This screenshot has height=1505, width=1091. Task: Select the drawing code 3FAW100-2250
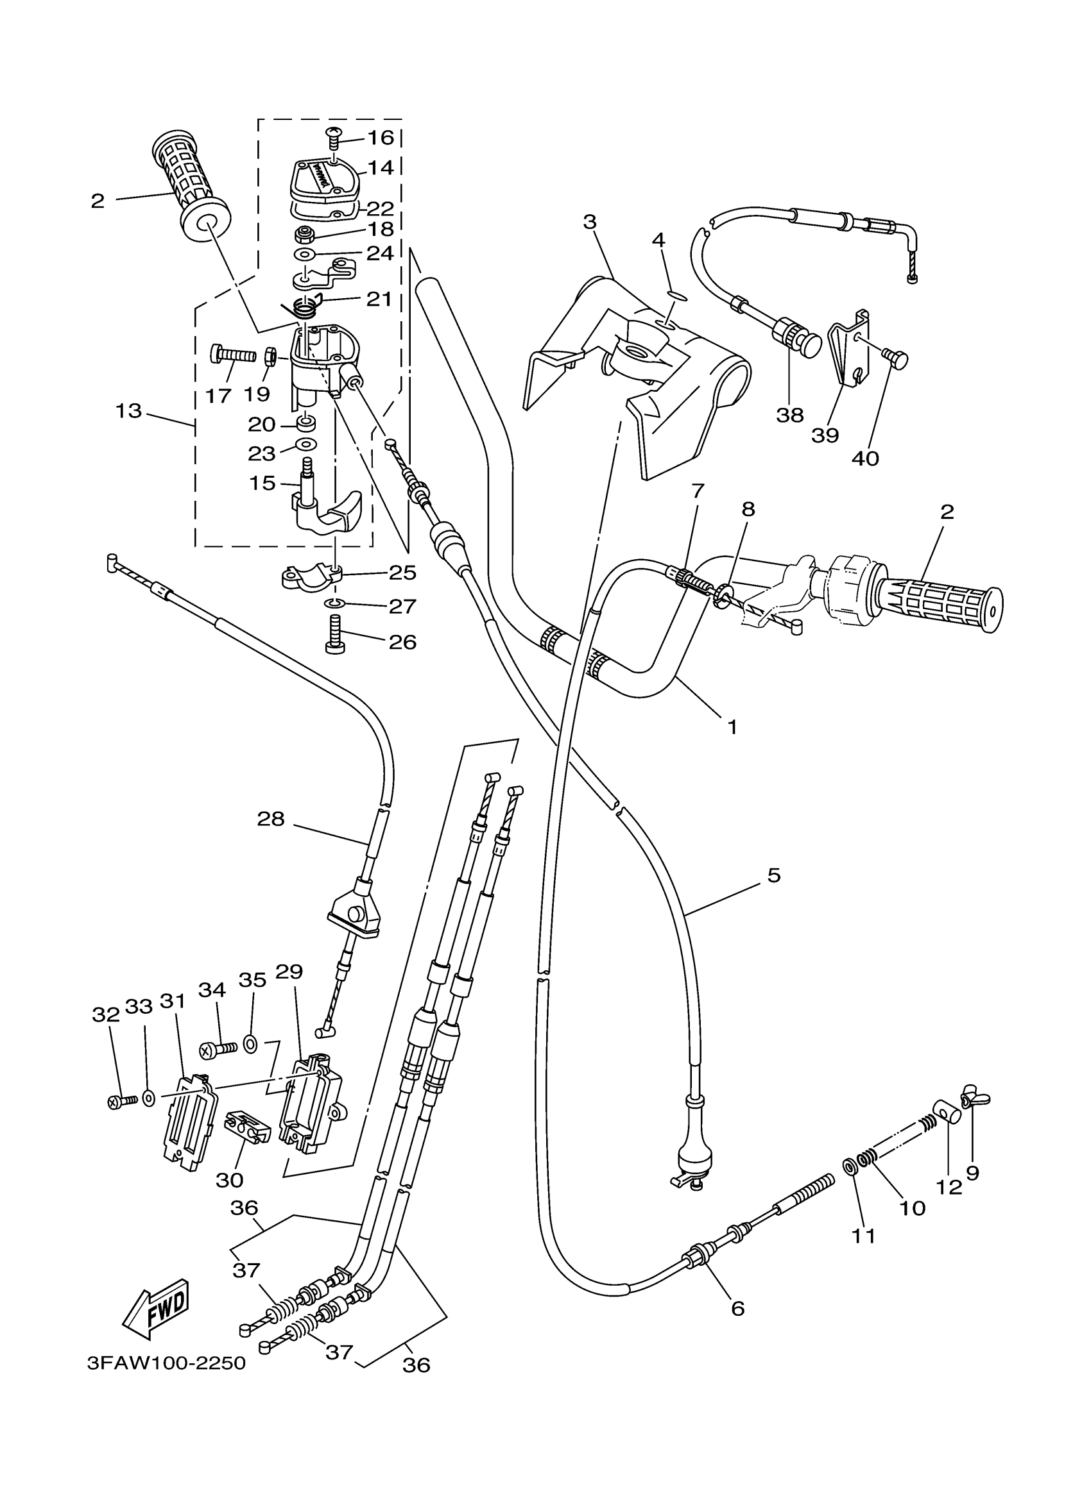(x=166, y=1364)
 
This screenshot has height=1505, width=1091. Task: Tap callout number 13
(x=129, y=412)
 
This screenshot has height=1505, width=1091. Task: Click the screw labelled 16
(x=333, y=138)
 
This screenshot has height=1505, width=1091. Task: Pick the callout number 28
(x=271, y=820)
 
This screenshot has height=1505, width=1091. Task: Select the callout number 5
(x=773, y=875)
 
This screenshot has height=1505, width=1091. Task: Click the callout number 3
(x=590, y=223)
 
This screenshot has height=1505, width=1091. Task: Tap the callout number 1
(x=732, y=727)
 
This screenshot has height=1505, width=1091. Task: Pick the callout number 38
(x=789, y=416)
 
